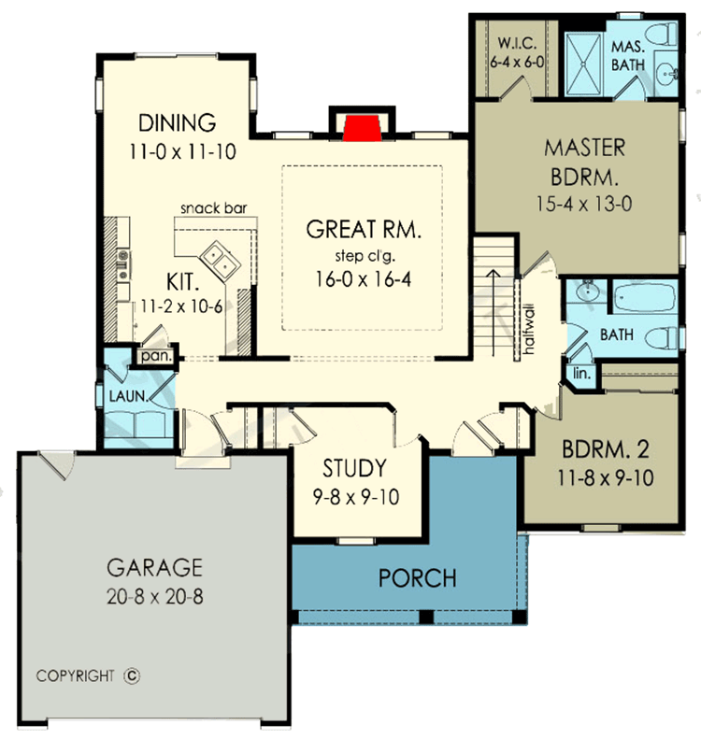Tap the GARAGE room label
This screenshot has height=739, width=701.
point(154,567)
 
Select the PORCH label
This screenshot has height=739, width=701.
point(417,578)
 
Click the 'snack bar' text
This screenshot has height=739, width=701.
point(213,207)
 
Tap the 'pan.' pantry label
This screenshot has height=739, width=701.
point(152,356)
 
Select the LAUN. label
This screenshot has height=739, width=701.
point(128,396)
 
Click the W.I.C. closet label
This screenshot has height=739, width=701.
point(516,44)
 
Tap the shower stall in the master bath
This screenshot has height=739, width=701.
point(585,59)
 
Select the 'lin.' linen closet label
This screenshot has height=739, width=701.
point(578,374)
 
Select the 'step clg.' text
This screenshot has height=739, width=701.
point(360,256)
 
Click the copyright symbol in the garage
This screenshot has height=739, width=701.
point(131,675)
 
